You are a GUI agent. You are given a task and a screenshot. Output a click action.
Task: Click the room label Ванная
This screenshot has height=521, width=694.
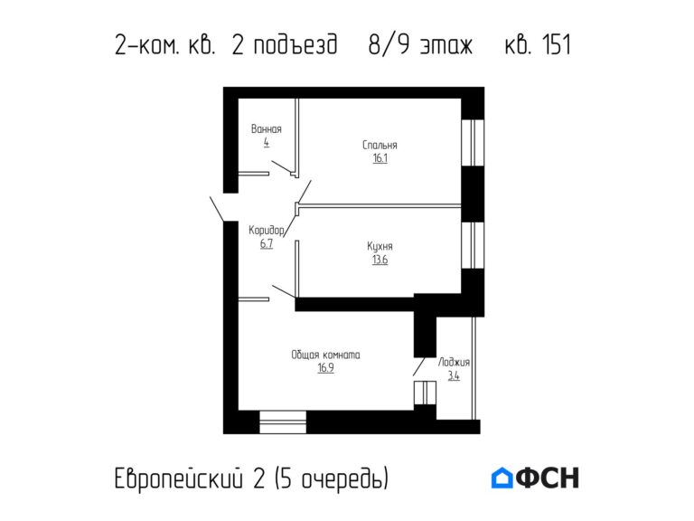point(267,129)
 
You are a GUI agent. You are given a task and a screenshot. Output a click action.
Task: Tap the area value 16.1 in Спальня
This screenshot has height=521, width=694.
point(380,158)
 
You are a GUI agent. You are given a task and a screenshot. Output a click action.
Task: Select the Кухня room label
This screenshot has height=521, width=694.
point(380,246)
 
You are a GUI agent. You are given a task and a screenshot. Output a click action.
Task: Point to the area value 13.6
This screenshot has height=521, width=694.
point(380,260)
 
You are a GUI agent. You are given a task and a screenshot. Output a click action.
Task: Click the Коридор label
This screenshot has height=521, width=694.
point(267,231)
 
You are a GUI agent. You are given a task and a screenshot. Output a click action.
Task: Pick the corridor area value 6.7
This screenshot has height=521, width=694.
point(267,244)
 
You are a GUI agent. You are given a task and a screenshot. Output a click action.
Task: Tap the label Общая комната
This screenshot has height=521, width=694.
point(325,355)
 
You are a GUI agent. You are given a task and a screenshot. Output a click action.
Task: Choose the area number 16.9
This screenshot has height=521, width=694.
point(325,369)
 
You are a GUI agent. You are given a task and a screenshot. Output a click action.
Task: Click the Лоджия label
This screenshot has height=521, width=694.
point(454,363)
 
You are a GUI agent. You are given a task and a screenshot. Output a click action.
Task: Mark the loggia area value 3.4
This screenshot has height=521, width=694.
point(454,376)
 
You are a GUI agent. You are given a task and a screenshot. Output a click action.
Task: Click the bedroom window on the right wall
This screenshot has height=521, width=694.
point(473,142)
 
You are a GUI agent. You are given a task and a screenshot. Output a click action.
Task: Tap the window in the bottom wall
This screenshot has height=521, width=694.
point(282,422)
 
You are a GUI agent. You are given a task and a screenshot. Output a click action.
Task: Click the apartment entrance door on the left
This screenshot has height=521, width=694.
point(217,207)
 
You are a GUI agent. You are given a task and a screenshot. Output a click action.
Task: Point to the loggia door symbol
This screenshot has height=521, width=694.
point(425,394)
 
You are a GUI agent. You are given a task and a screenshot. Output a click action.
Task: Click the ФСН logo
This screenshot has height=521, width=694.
point(535,478)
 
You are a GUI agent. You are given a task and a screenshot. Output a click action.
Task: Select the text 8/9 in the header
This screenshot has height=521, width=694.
point(388,45)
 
